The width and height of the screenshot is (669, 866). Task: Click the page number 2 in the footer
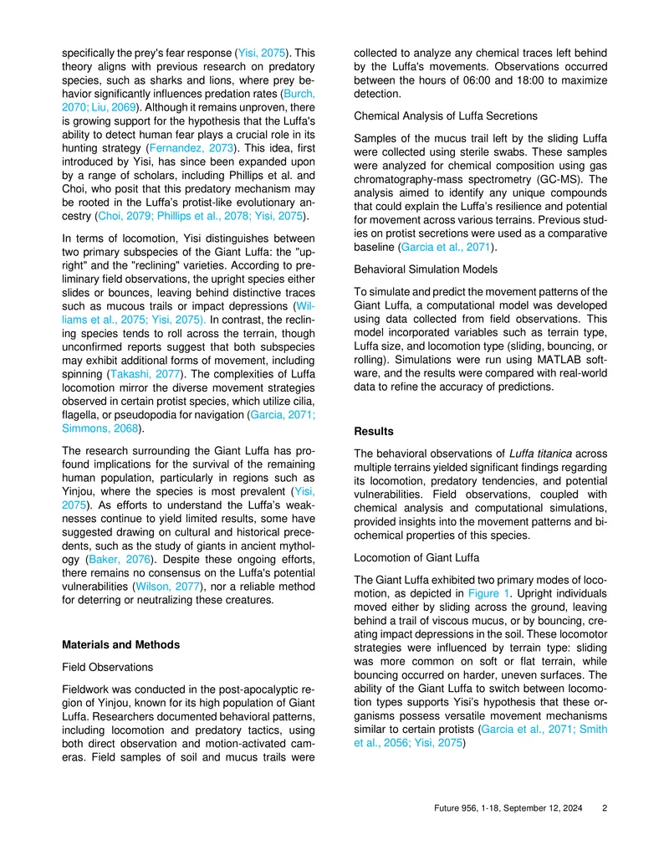click(x=605, y=810)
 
